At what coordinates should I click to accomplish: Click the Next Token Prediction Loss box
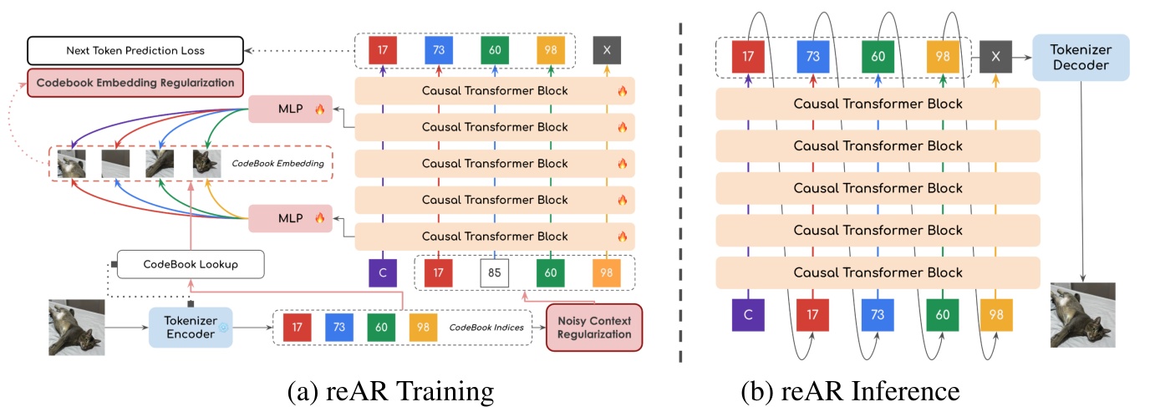pos(135,51)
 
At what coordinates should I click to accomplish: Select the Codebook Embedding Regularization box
pos(135,82)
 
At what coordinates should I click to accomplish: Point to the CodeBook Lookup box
pos(191,264)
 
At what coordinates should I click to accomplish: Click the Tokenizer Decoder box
pos(1081,57)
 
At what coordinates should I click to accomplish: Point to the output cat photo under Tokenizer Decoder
pos(1082,315)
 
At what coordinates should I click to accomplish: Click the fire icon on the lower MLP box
pos(319,218)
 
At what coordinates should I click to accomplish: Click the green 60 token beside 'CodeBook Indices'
pos(381,327)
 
